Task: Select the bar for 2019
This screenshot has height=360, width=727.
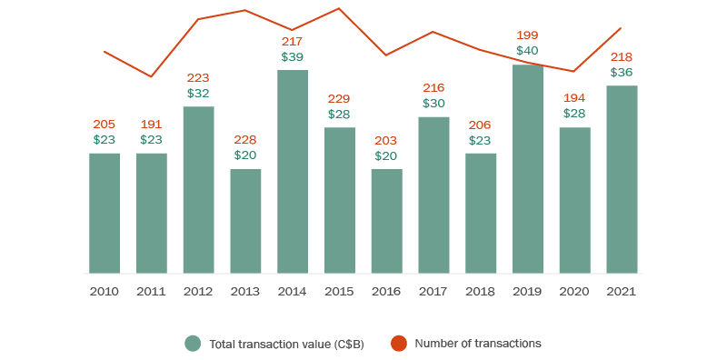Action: [x=528, y=169]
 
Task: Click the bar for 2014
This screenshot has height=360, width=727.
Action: [x=293, y=172]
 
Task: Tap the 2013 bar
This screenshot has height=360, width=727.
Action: [x=245, y=221]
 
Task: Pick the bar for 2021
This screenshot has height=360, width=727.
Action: [x=622, y=179]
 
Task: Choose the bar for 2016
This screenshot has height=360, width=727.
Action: [x=386, y=221]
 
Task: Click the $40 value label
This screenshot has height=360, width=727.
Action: [x=528, y=51]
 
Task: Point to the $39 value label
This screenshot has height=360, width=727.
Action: [x=293, y=56]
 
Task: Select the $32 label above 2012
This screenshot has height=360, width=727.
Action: [x=198, y=93]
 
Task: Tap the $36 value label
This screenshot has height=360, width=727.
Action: [x=622, y=72]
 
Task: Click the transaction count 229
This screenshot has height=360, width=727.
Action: [x=339, y=98]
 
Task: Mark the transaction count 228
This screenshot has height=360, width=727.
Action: [x=245, y=140]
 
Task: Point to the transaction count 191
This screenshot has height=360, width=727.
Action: [x=151, y=125]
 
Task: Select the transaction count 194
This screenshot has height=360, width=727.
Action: [x=574, y=98]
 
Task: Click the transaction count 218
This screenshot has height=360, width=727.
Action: [x=622, y=56]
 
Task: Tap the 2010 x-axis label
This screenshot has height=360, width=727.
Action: [x=104, y=292]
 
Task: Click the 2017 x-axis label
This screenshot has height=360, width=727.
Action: [x=433, y=292]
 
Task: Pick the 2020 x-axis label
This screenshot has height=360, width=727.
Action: [x=574, y=292]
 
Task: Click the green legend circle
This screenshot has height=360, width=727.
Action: [x=193, y=344]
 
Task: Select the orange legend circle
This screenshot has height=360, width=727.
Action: [x=398, y=344]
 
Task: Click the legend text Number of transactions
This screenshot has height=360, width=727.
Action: [x=478, y=344]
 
